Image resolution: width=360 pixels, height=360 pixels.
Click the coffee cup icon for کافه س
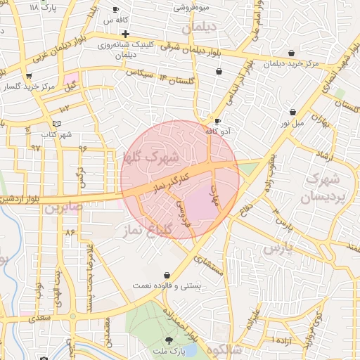(116, 10)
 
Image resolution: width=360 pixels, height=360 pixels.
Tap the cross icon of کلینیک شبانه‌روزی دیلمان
(124, 34)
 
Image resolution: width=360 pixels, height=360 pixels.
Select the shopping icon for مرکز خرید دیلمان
(291, 53)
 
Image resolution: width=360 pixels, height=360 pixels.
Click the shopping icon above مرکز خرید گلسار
(29, 77)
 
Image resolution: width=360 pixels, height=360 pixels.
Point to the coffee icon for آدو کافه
(217, 121)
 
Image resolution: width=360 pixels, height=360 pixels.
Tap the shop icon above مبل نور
(292, 112)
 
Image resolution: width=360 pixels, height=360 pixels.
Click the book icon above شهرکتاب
(67, 124)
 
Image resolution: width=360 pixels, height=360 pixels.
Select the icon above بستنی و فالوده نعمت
(166, 275)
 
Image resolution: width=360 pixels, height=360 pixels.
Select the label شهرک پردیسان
(323, 187)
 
